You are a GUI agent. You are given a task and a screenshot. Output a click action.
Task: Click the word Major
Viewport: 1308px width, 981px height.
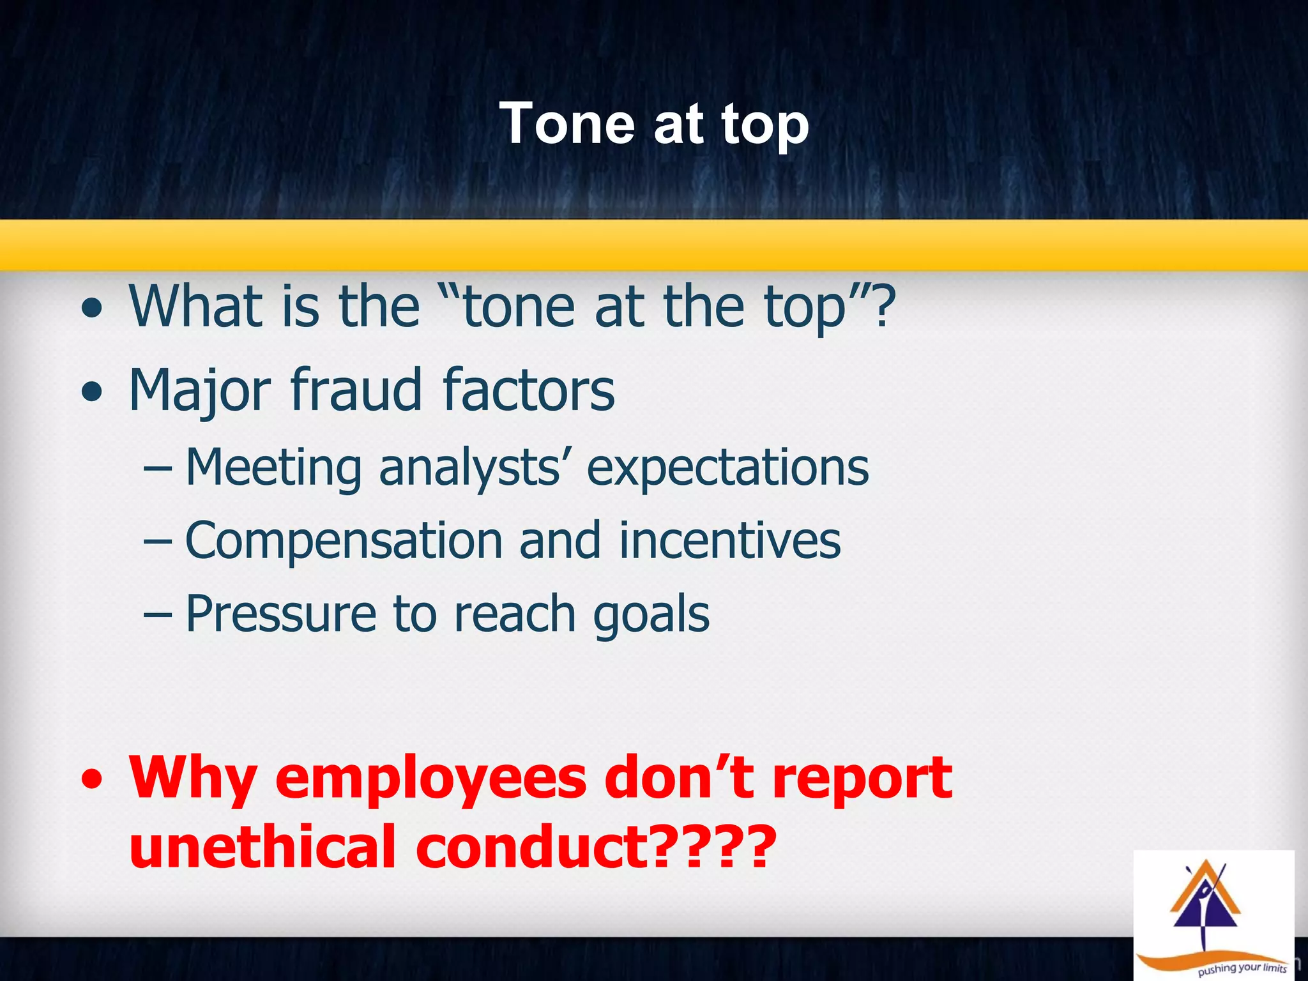click(199, 390)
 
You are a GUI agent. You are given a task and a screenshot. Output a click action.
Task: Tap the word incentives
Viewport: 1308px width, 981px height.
click(730, 540)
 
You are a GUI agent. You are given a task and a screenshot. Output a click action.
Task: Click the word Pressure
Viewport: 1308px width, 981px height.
click(280, 614)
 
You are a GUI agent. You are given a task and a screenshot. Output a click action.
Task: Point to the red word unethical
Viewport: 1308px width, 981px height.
click(262, 847)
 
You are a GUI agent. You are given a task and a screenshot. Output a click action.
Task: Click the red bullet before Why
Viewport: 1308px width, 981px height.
click(92, 780)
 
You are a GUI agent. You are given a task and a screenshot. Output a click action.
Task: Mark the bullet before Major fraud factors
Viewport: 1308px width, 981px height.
click(92, 392)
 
